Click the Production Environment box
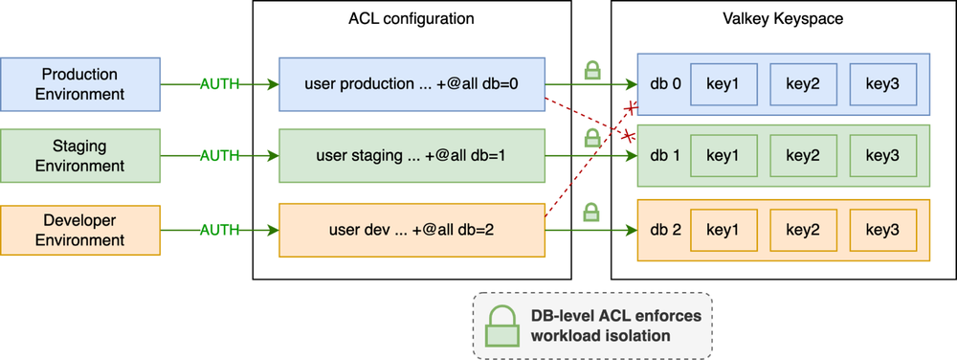80,84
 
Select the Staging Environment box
80,156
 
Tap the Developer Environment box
80,230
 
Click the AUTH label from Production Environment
220,84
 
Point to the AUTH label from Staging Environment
220,156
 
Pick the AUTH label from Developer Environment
220,230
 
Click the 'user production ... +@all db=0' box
412,84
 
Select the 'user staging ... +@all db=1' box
412,156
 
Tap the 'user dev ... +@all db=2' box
412,230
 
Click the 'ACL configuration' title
412,19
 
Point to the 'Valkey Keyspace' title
782,19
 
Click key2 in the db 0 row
803,84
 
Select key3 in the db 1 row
882,156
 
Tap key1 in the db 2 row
723,230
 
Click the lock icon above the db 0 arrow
592,70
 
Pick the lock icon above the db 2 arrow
590,213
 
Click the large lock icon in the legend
501,326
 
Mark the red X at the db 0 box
630,108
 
